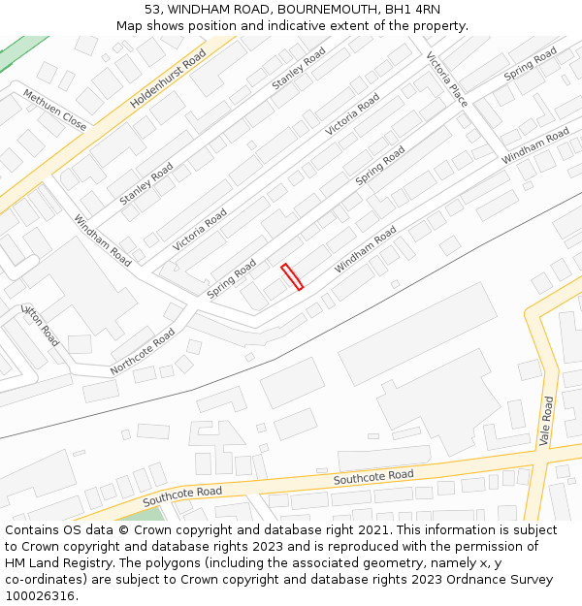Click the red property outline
pos(292,276)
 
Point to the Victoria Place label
pos(446,79)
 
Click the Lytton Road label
pos(41,325)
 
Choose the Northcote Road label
pos(143,351)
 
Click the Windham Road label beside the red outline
pos(366,249)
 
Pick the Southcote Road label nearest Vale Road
pos(373,477)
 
